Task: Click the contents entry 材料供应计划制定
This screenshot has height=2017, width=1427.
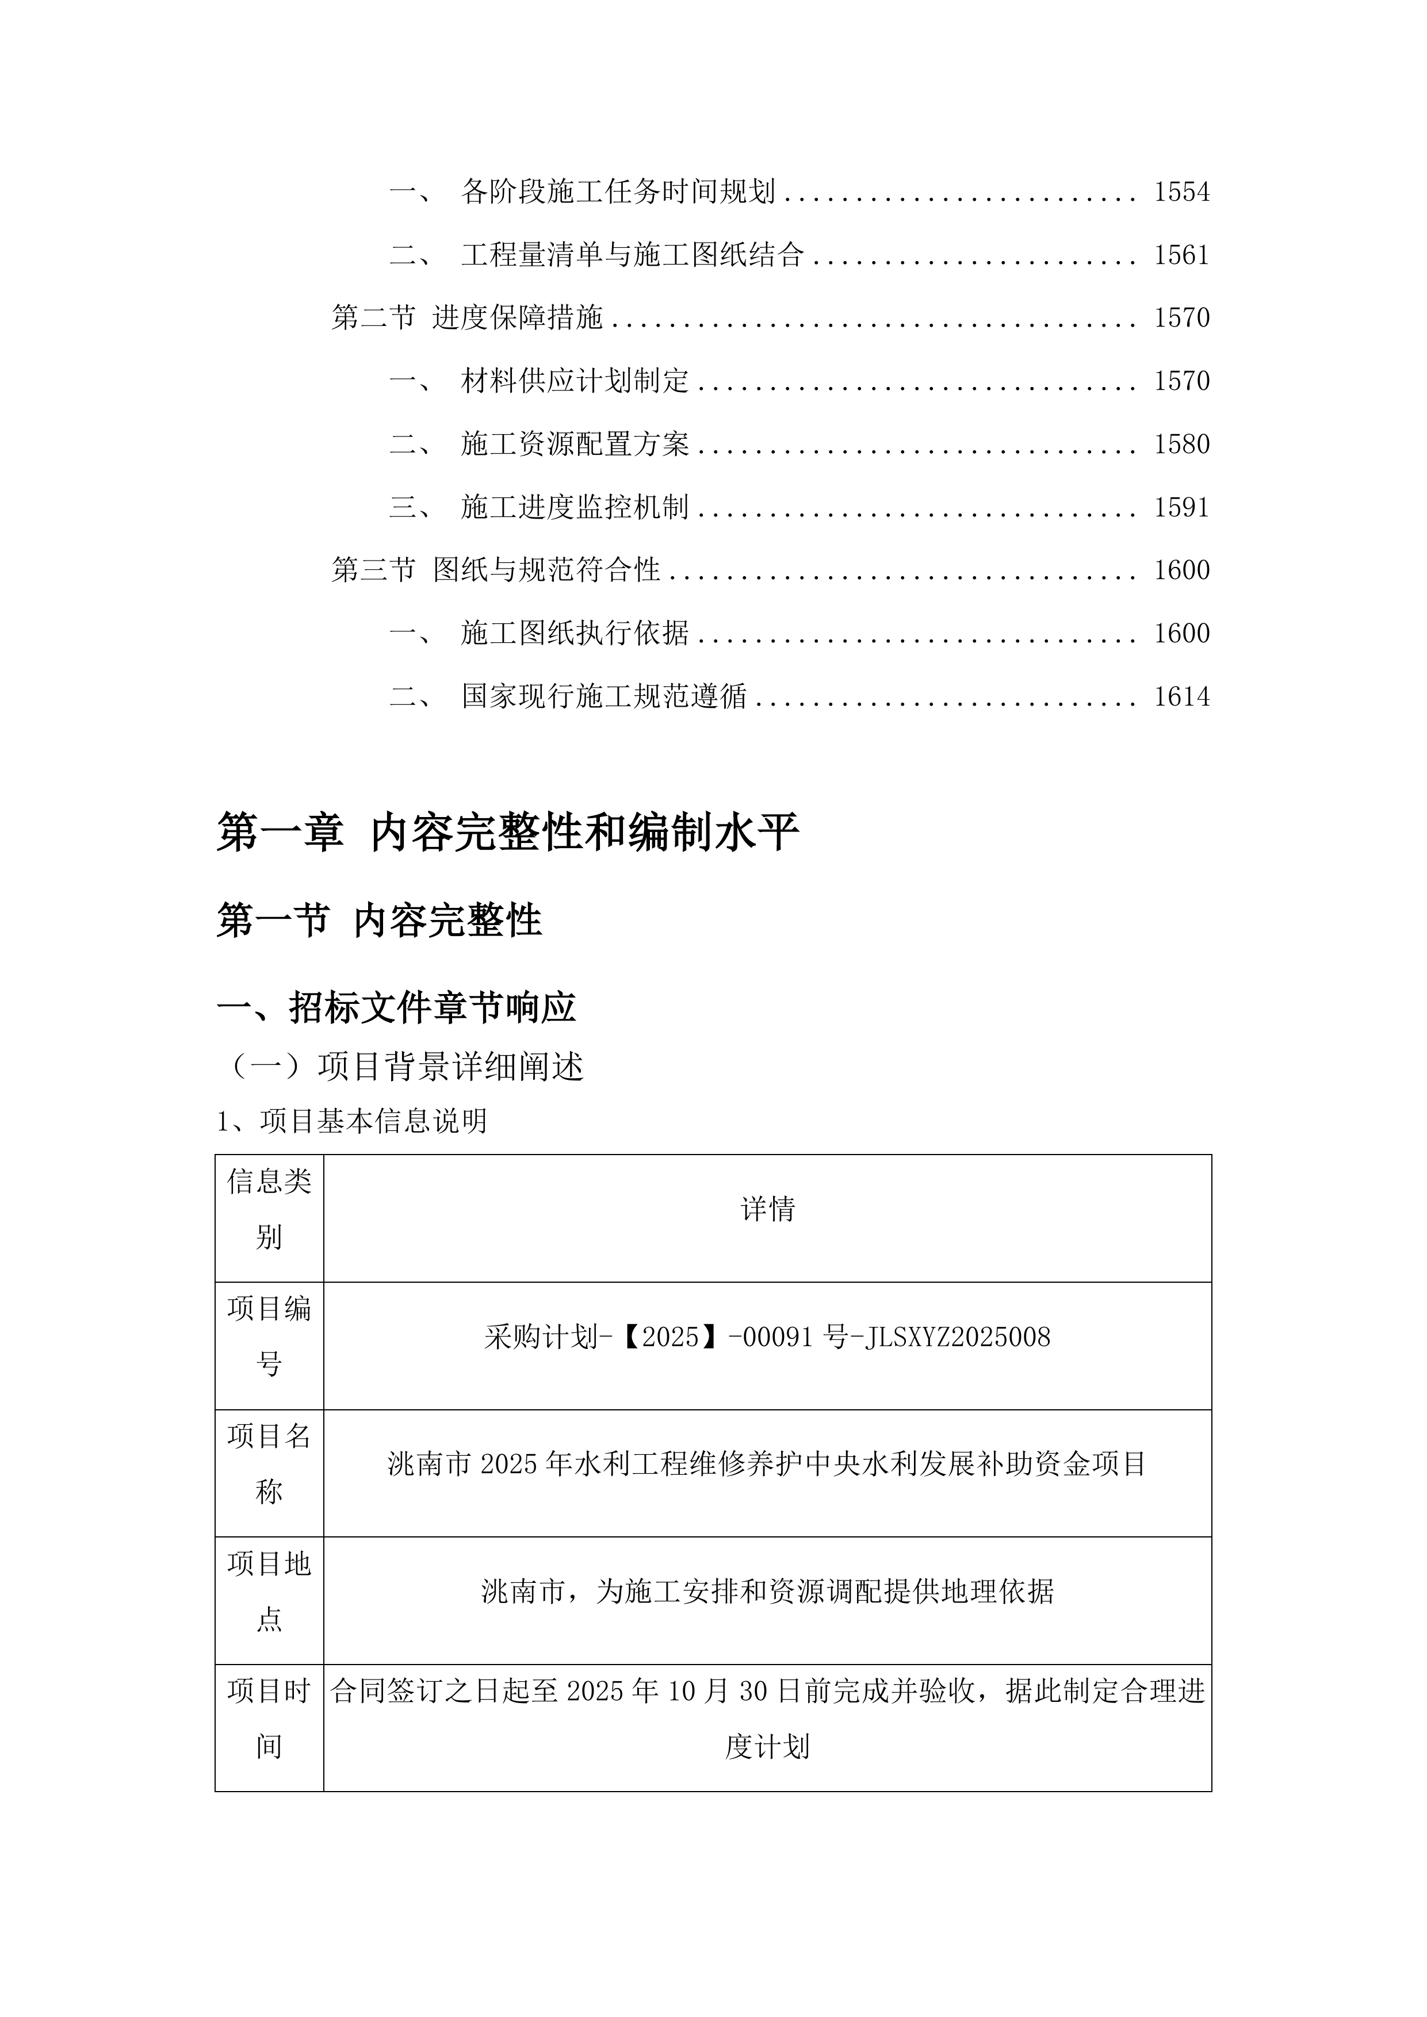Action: (574, 381)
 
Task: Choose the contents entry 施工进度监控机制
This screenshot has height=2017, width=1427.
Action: (574, 507)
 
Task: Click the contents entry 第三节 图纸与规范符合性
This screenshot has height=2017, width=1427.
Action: (496, 570)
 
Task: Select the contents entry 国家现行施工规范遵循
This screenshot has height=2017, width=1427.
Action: (604, 697)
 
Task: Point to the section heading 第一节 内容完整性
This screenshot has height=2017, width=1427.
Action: (378, 921)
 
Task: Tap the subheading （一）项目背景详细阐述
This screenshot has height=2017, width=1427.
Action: (404, 1067)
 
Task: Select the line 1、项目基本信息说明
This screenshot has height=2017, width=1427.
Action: (351, 1121)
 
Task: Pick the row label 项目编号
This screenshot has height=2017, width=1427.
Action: (269, 1336)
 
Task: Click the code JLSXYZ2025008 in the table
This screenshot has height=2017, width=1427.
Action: (958, 1337)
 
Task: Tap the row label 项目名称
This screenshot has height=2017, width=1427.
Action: (269, 1463)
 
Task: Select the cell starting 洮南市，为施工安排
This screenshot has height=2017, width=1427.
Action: (767, 1591)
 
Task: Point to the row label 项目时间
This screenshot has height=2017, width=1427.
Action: (269, 1719)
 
